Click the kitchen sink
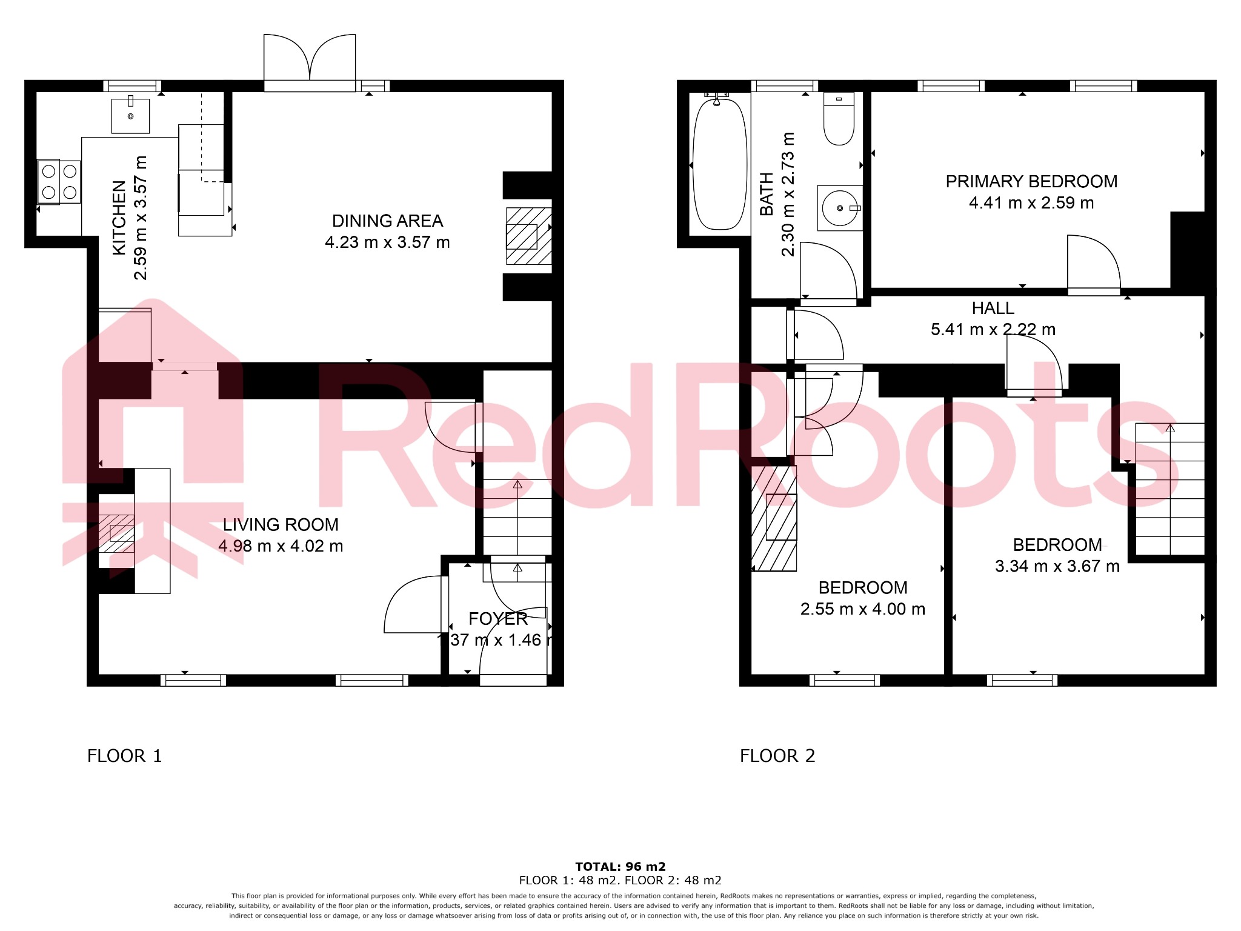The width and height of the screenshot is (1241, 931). click(130, 116)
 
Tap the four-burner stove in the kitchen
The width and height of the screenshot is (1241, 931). click(59, 182)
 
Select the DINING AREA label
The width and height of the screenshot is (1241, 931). click(387, 221)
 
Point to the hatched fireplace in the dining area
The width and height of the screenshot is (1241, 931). click(528, 236)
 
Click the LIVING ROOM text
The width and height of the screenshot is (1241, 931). click(281, 524)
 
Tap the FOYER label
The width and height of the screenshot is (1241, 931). click(498, 619)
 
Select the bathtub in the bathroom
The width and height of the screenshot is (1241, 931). click(719, 164)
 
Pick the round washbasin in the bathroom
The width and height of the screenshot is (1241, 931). click(839, 208)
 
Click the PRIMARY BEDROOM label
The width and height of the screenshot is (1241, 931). click(1031, 181)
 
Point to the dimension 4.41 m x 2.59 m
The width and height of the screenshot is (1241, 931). click(1031, 203)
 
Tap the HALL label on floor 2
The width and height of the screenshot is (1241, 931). click(993, 308)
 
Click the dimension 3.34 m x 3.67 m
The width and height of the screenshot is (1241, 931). click(1057, 566)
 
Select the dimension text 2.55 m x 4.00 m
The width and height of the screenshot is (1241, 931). click(862, 609)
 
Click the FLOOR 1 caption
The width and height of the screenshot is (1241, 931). click(125, 756)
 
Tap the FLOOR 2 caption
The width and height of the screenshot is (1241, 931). click(777, 756)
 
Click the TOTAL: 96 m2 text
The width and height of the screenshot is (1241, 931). click(620, 866)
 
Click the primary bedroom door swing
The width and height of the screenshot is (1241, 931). click(1092, 264)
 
